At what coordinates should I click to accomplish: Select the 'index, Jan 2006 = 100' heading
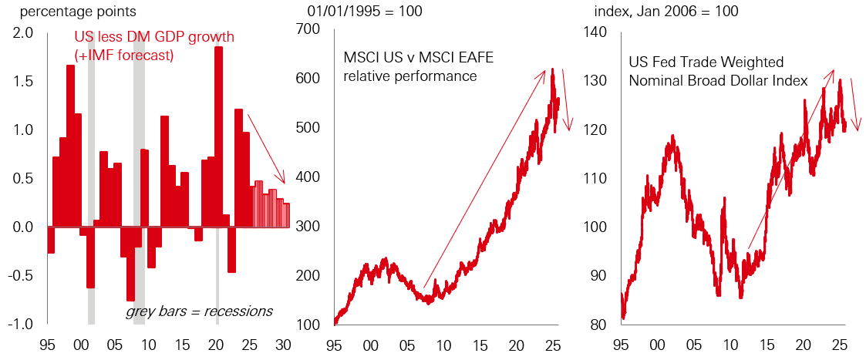[x=666, y=12]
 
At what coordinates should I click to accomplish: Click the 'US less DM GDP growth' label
[x=154, y=37]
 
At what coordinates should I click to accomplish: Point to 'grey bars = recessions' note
[x=199, y=311]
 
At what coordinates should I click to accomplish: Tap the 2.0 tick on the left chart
[x=23, y=32]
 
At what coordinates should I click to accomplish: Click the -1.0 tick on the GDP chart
[x=21, y=324]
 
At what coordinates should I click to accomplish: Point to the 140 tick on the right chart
[x=598, y=32]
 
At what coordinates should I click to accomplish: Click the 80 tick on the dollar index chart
[x=601, y=324]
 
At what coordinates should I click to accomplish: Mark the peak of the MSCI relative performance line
[x=553, y=69]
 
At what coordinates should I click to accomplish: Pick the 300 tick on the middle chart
[x=308, y=227]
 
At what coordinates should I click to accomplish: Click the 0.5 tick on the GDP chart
[x=23, y=178]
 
